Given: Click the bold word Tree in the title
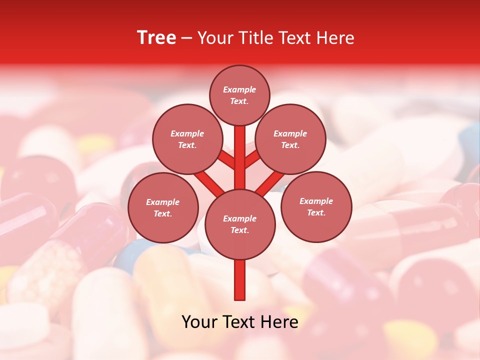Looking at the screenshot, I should click(x=156, y=38).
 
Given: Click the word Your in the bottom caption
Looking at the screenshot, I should click(x=199, y=322).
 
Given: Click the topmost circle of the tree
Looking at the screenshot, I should click(x=239, y=95).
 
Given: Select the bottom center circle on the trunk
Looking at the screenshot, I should click(x=240, y=224).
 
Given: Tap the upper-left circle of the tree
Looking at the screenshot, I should click(x=187, y=139).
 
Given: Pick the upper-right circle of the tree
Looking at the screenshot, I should click(x=290, y=139).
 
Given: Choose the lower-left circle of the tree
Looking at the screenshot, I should click(x=163, y=207).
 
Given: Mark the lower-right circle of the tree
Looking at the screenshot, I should click(x=316, y=206).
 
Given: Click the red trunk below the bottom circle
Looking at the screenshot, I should click(x=240, y=280).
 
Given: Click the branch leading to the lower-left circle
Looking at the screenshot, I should click(x=208, y=182).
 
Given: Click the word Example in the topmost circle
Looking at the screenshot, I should click(x=239, y=89).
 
